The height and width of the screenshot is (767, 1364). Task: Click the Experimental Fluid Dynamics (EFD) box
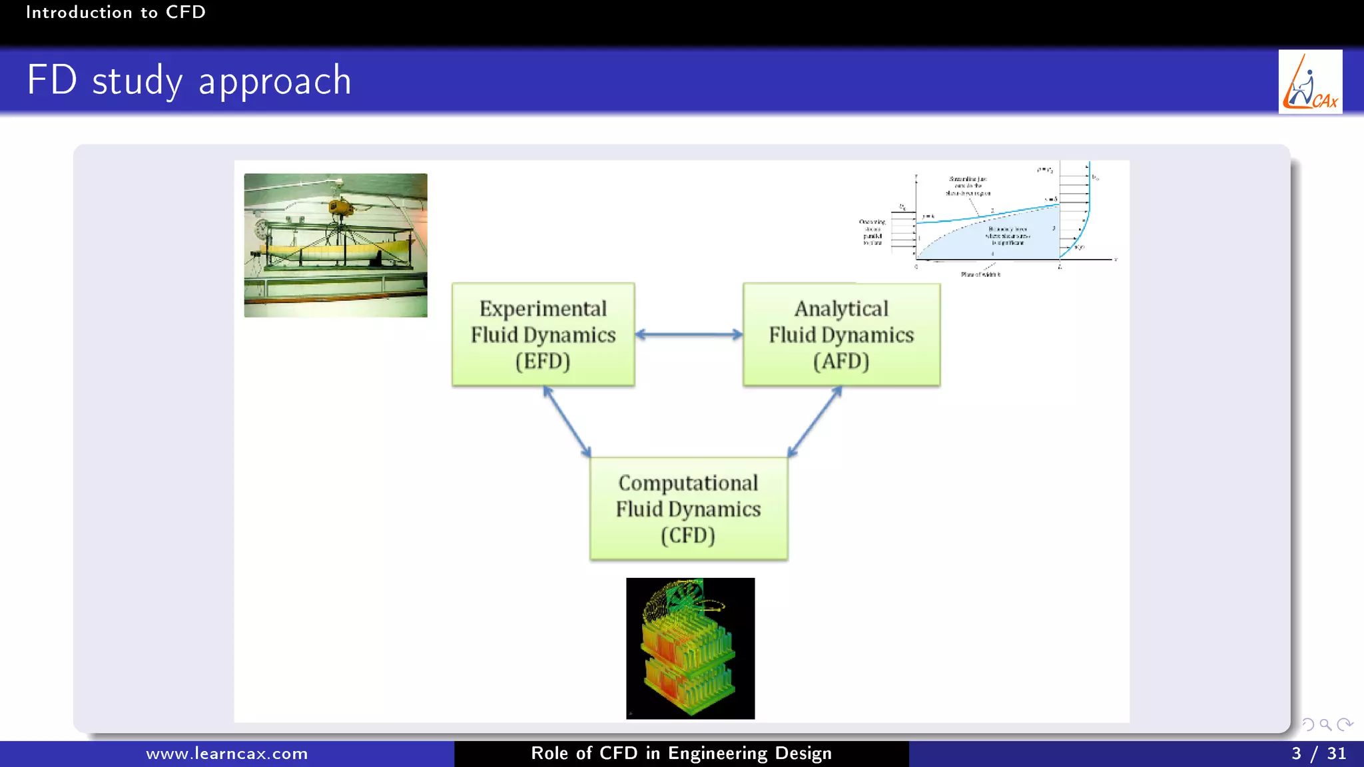[x=543, y=334]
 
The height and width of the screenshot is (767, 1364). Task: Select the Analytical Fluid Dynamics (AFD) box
[x=841, y=334]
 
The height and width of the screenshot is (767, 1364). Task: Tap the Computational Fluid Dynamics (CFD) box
[x=688, y=509]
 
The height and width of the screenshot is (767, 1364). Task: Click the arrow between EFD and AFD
[x=689, y=334]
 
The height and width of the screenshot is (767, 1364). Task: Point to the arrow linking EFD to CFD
[x=567, y=421]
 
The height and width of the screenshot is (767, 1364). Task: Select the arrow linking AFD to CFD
[x=815, y=421]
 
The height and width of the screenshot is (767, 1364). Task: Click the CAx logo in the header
[x=1310, y=82]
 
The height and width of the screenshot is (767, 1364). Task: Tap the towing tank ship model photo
[x=336, y=245]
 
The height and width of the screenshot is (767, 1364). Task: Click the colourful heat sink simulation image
[x=690, y=648]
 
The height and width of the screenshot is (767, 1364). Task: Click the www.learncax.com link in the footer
[x=226, y=754]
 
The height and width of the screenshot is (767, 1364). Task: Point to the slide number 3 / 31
[x=1318, y=754]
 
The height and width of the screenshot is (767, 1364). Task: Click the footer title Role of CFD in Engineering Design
[x=681, y=754]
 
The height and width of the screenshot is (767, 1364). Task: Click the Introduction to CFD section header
[x=115, y=12]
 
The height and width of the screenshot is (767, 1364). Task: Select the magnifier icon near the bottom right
[x=1325, y=724]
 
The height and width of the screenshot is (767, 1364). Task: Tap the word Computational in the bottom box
[x=688, y=483]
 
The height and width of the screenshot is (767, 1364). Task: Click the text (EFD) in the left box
[x=543, y=361]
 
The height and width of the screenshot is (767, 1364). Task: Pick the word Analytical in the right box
[x=841, y=308]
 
